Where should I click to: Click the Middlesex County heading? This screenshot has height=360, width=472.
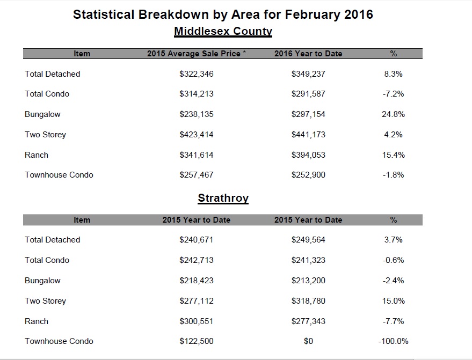point(223,31)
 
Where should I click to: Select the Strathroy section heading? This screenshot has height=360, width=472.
point(223,198)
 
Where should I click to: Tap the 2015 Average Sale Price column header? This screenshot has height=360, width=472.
point(197,54)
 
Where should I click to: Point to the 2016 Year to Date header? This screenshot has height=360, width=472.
point(308,54)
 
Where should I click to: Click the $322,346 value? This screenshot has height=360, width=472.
point(197,74)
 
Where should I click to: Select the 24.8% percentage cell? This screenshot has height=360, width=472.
point(394,114)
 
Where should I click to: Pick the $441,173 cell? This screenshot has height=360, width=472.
point(308,135)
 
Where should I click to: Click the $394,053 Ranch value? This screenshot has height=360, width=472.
point(308,155)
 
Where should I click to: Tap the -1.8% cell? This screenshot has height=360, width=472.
point(394,175)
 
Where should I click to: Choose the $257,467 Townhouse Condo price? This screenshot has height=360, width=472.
point(197,175)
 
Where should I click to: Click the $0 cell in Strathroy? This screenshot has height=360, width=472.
point(308,341)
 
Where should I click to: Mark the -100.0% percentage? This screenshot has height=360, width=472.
point(394,341)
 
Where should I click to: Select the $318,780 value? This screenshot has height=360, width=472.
point(308,301)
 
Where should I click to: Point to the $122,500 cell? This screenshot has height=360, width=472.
point(197,341)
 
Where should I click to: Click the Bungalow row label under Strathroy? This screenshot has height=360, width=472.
point(42,281)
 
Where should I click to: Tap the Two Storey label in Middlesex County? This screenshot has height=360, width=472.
point(45,135)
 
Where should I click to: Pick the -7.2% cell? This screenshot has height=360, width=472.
point(394,94)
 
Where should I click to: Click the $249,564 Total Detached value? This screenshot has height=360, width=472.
point(308,240)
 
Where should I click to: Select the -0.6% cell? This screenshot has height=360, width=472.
point(394,260)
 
